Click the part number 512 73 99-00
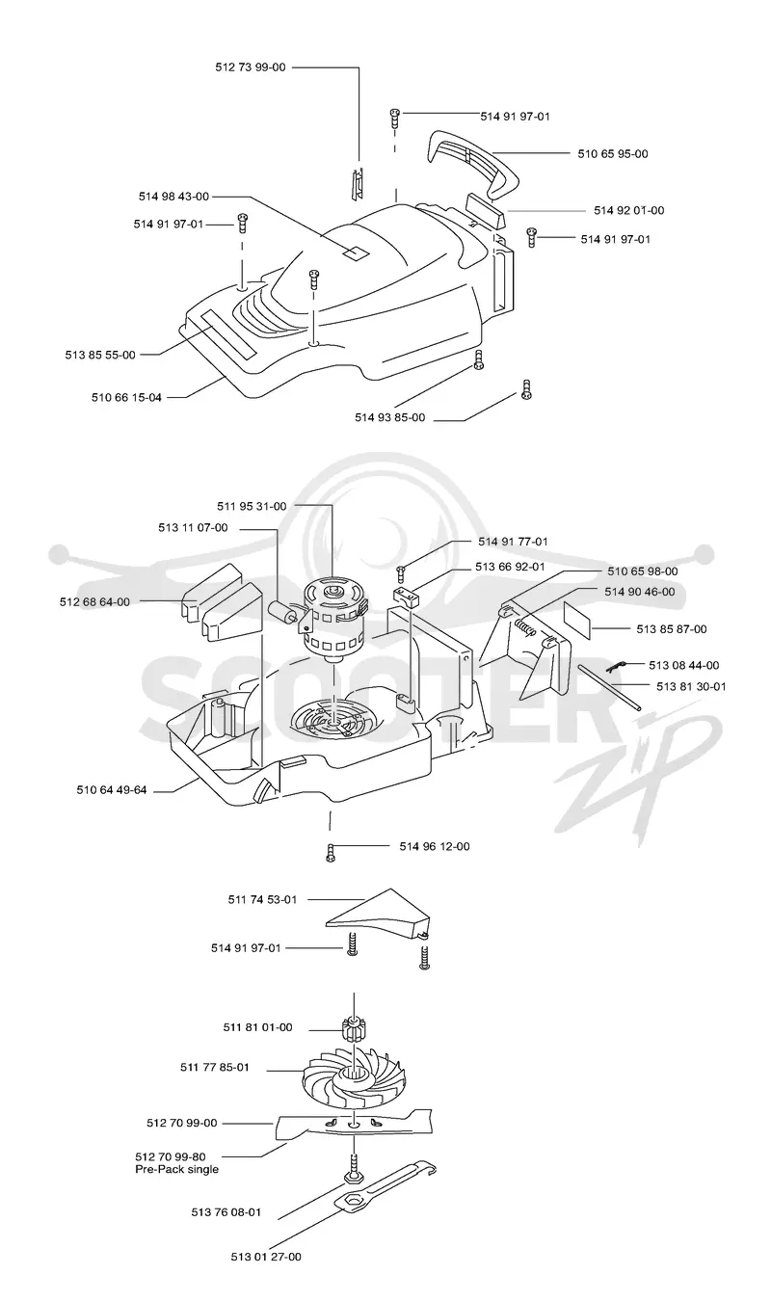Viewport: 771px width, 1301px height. [x=251, y=67]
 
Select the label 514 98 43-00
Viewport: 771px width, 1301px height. [x=173, y=197]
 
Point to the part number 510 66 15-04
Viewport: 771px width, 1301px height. [x=126, y=398]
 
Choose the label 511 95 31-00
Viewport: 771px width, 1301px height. [x=252, y=507]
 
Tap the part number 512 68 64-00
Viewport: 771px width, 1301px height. [x=94, y=602]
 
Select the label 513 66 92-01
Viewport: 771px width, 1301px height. [x=510, y=567]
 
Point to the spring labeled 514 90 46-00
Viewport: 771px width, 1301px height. [x=524, y=626]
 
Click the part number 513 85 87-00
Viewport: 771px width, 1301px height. [x=672, y=629]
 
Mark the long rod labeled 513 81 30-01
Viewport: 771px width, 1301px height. [x=609, y=687]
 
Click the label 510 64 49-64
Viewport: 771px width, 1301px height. [x=112, y=790]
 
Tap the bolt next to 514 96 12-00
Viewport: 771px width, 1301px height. [x=331, y=853]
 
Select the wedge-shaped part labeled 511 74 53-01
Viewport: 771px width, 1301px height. [x=378, y=915]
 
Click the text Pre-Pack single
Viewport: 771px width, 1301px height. [x=177, y=1169]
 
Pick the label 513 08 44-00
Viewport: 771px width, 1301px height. [x=684, y=665]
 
